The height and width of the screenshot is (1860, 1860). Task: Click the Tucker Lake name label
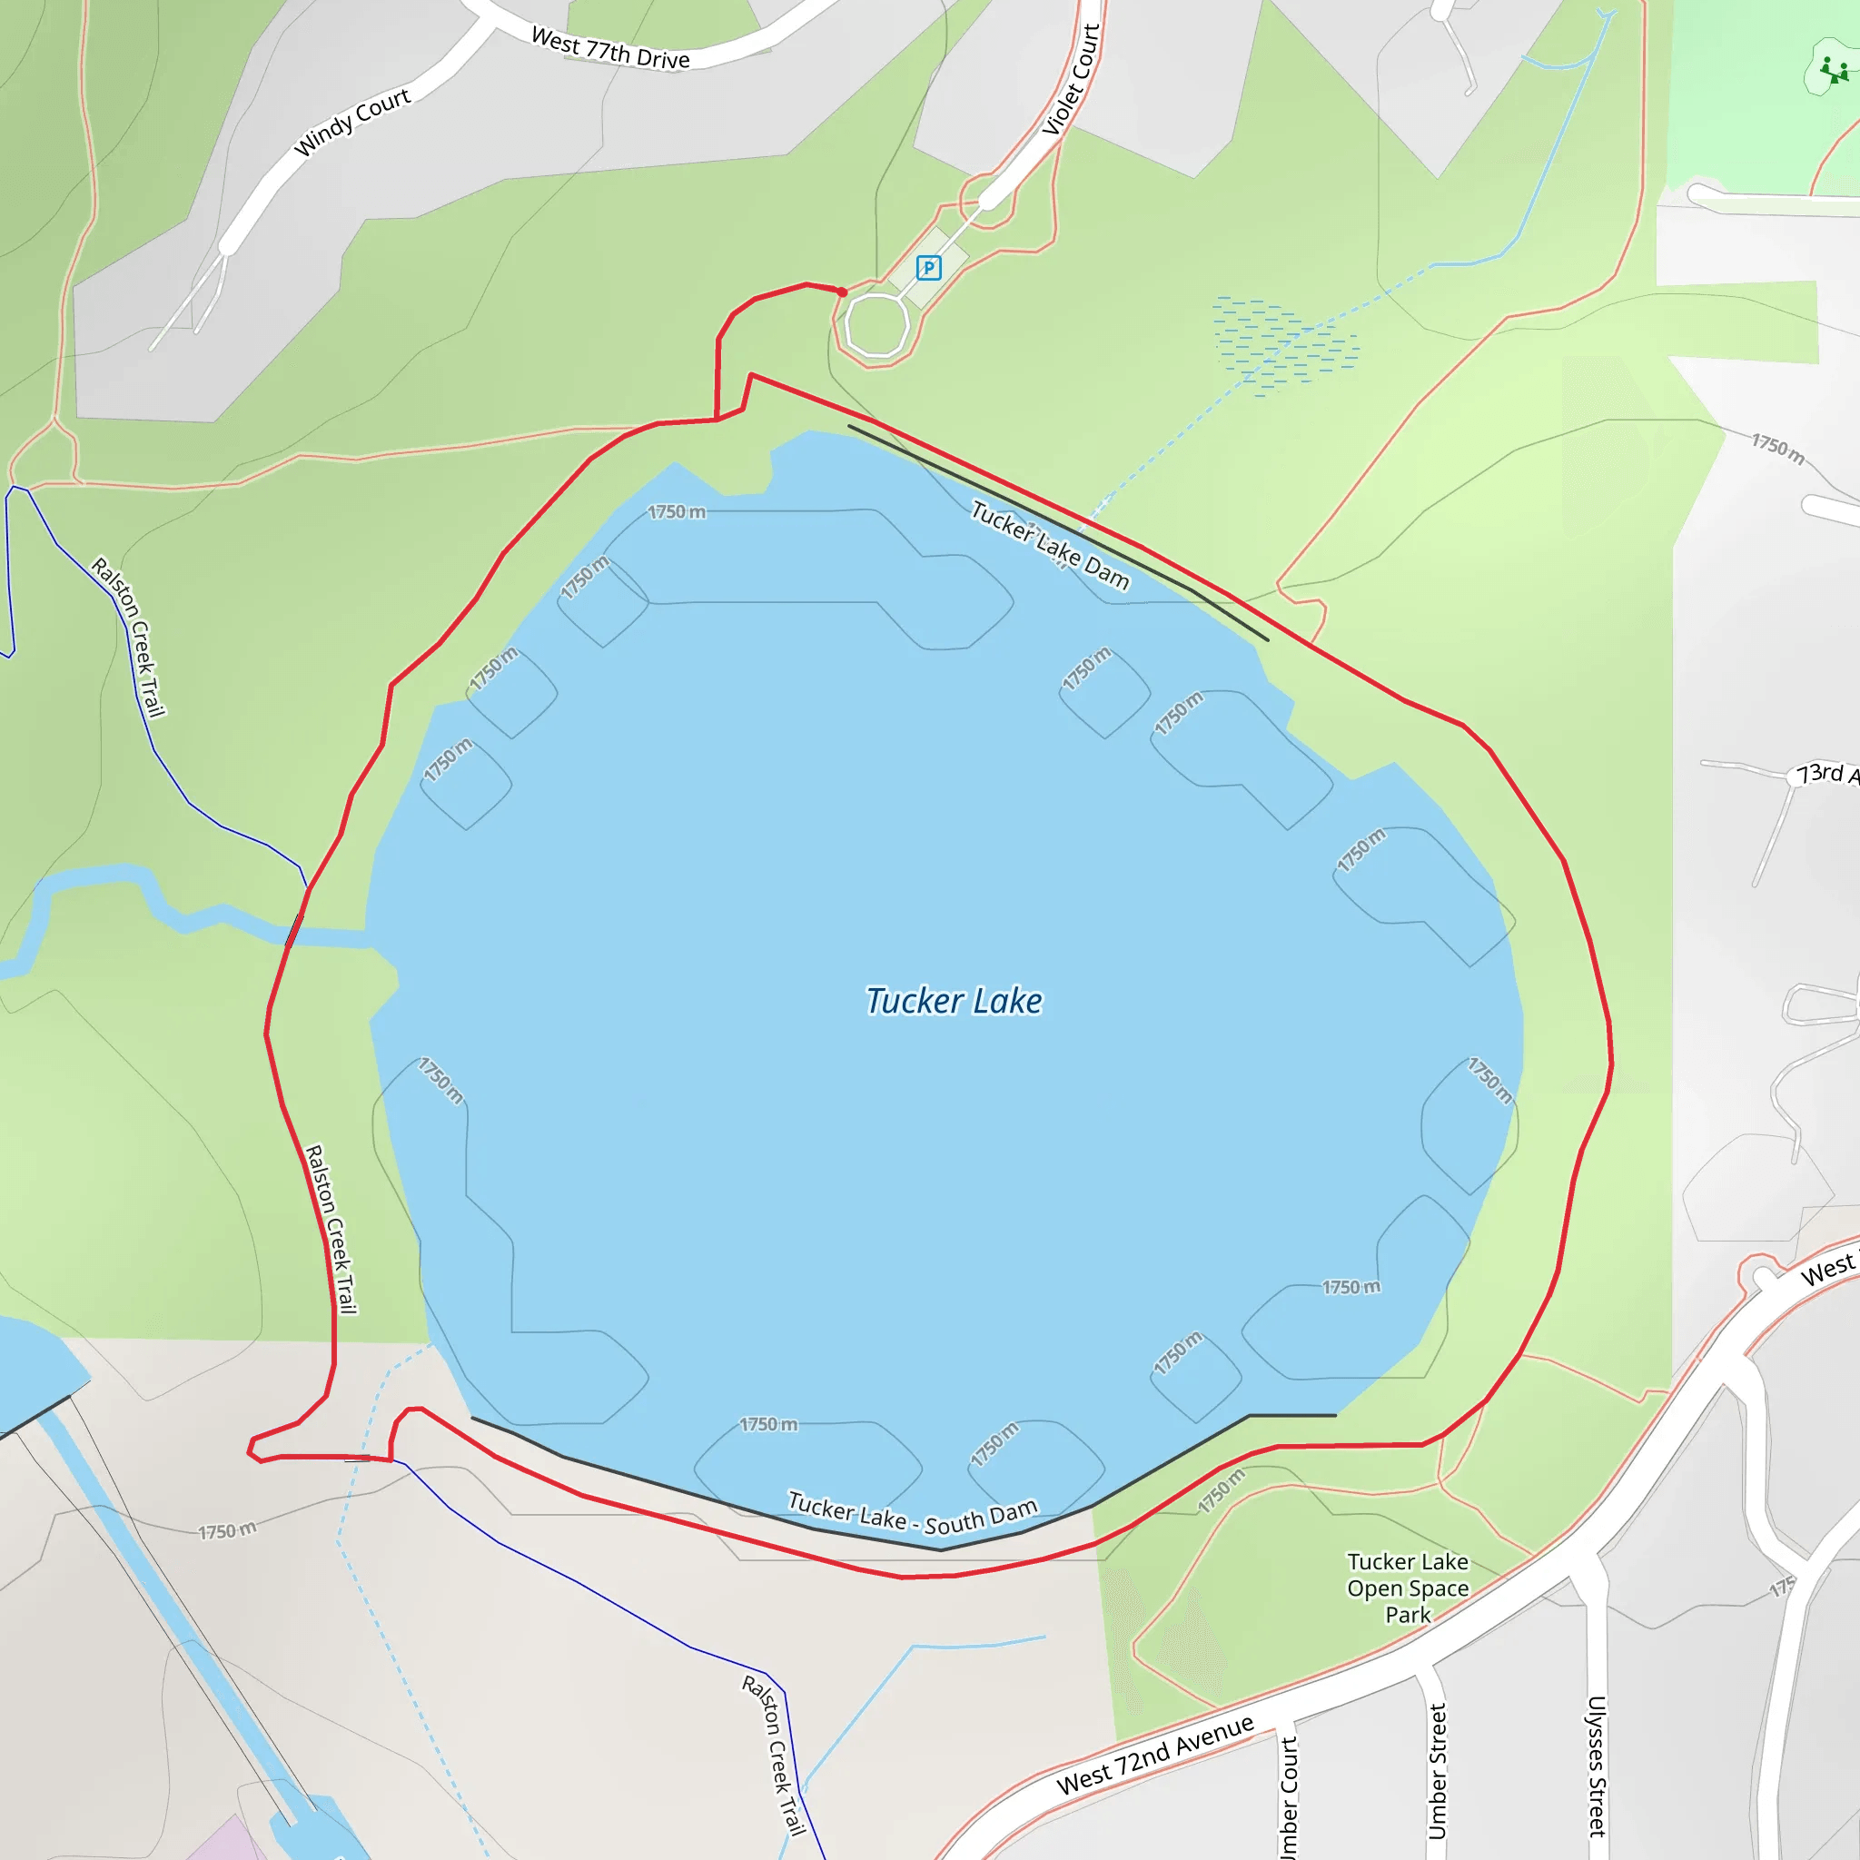[x=953, y=1001]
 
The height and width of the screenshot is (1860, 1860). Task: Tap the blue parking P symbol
[x=928, y=268]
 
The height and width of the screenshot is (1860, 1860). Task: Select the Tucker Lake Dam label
[x=1049, y=545]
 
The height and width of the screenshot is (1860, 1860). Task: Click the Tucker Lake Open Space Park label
[x=1408, y=1588]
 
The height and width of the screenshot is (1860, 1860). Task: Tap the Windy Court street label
[x=352, y=123]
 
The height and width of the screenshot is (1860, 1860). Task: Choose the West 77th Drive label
[x=610, y=49]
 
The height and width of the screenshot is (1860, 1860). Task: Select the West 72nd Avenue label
[x=1154, y=1754]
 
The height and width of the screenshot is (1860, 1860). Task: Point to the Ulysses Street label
[x=1597, y=1766]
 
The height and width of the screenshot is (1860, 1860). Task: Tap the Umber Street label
[x=1438, y=1771]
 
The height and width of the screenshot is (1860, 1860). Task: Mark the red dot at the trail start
[x=841, y=292]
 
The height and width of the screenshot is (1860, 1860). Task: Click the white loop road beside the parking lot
[x=877, y=326]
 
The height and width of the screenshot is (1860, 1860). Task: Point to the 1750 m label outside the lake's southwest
[x=227, y=1530]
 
